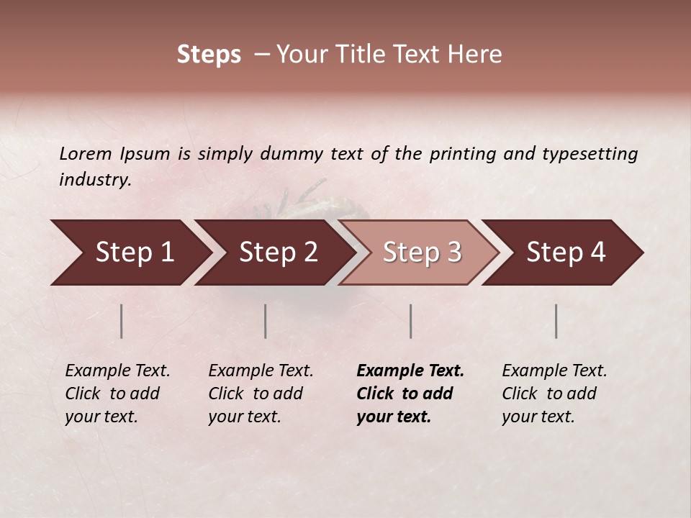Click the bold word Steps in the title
click(x=209, y=55)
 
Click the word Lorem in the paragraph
click(x=85, y=153)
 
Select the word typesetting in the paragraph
click(x=590, y=153)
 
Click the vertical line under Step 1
click(x=122, y=321)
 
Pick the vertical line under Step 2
click(x=266, y=321)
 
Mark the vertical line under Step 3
click(x=410, y=321)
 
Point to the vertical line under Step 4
click(x=556, y=321)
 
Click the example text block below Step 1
click(x=117, y=394)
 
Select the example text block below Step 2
click(x=261, y=394)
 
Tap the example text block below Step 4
click(x=554, y=394)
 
